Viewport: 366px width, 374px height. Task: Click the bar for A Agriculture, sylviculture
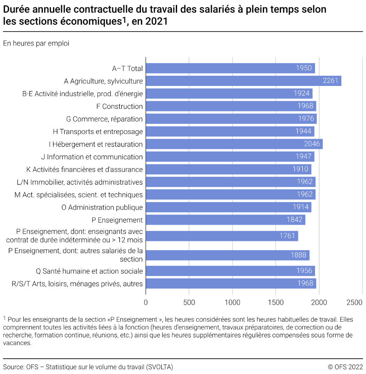tap(243, 81)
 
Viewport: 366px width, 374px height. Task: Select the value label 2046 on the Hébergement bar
tap(312, 144)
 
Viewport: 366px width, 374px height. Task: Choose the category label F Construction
tap(122, 106)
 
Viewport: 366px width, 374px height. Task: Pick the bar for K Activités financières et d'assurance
tap(228, 169)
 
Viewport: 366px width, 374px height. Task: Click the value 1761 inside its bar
tap(287, 236)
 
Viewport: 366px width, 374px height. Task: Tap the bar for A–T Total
tap(230, 68)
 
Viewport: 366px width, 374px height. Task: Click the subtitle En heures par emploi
tap(36, 43)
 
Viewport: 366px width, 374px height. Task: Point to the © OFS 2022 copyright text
tap(345, 367)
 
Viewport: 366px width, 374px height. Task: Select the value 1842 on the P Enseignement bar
tap(294, 220)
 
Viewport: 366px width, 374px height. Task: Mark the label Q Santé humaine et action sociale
tap(90, 271)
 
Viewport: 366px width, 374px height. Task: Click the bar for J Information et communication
tap(230, 157)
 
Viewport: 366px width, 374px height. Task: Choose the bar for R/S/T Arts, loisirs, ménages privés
tap(231, 283)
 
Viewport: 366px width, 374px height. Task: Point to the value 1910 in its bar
tap(300, 169)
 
